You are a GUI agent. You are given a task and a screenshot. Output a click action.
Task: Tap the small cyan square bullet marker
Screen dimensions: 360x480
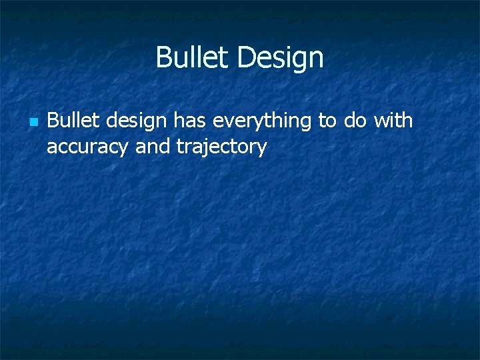33,123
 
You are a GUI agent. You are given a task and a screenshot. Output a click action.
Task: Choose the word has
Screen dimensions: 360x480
189,121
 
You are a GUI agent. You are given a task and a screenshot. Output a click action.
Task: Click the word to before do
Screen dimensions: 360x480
327,121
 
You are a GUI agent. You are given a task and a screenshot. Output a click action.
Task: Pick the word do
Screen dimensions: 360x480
353,121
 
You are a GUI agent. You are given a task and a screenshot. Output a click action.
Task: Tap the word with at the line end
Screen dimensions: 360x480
393,121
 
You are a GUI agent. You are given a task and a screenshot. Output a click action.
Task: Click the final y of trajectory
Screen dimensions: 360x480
261,149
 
